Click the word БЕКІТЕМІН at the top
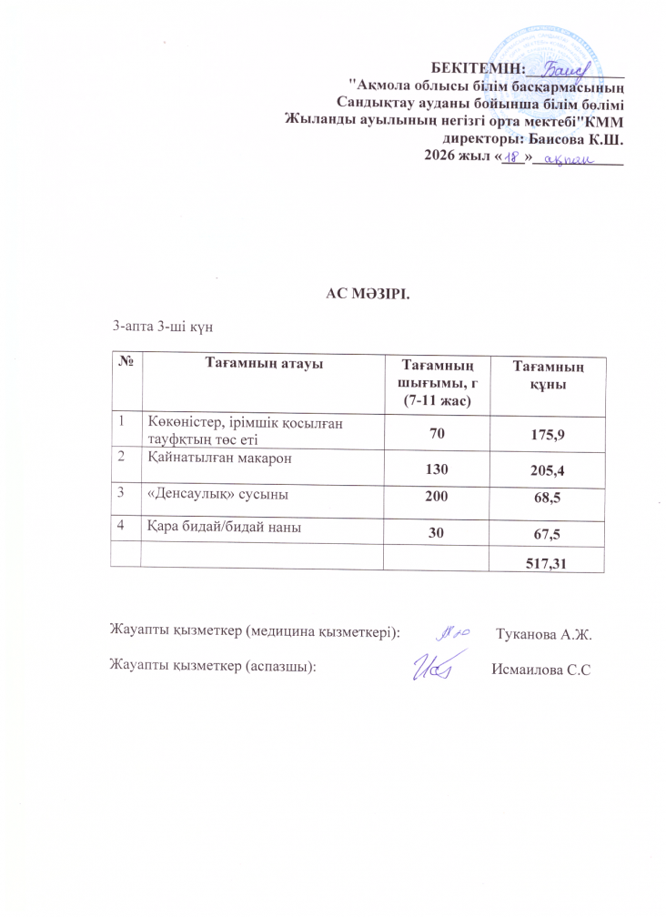479,67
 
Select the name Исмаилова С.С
541,670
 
